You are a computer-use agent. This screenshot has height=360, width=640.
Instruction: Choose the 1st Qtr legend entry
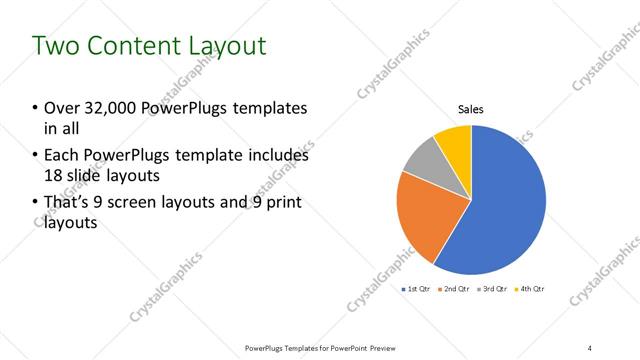[x=417, y=289]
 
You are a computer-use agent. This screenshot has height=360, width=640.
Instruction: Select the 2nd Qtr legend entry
[x=457, y=289]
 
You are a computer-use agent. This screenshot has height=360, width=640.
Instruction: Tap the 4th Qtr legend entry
[x=531, y=289]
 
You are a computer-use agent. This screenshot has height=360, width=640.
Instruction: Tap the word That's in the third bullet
[x=68, y=204]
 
